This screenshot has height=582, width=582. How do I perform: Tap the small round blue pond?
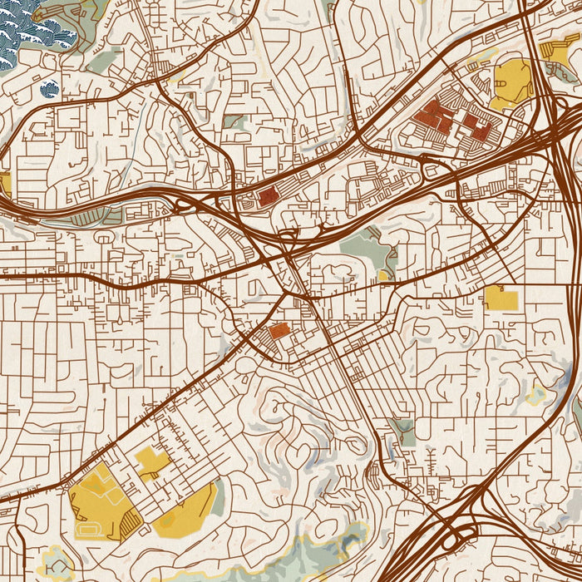(x=50, y=89)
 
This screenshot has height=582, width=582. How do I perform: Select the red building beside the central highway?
(x=267, y=197)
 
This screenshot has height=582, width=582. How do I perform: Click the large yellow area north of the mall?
(x=511, y=83)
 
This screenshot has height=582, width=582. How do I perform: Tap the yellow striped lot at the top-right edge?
(x=555, y=48)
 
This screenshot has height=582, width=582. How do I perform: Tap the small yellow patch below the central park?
(x=383, y=274)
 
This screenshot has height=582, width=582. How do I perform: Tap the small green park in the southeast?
(x=404, y=431)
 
